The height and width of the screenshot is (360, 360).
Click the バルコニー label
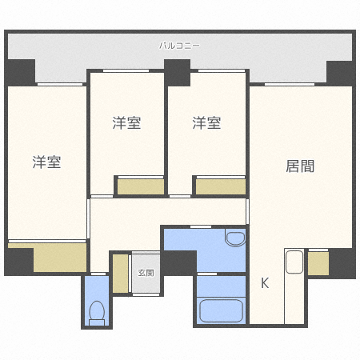point(180,46)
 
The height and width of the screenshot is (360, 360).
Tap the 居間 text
point(300,166)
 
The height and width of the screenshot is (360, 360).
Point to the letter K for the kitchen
point(265,282)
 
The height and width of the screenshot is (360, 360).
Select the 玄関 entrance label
point(146,272)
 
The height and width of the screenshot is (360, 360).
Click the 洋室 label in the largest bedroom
point(46,162)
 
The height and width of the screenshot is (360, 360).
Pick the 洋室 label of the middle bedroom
point(126,123)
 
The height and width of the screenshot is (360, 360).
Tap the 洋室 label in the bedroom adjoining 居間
point(206,123)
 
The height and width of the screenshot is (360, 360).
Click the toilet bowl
point(96,310)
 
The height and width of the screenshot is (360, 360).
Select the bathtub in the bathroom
point(220,308)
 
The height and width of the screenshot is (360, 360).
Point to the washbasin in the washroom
point(234,238)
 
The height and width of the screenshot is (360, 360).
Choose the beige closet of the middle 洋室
point(140,187)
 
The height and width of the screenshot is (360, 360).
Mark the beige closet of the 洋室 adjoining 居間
point(220,187)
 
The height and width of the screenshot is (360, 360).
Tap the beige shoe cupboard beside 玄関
point(121,274)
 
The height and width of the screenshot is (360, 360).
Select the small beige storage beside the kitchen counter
point(318,263)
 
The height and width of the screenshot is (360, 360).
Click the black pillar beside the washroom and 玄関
point(179,262)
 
